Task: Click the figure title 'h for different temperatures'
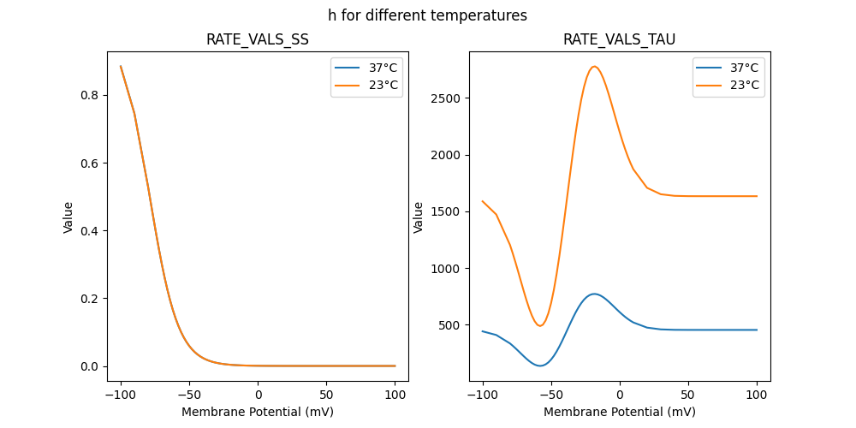tap(427, 15)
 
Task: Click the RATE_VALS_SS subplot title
tap(258, 39)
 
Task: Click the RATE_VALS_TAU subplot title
tap(620, 39)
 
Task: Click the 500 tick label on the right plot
tap(449, 325)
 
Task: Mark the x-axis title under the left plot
tap(258, 412)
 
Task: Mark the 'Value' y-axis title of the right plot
tap(419, 217)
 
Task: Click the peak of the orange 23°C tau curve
tap(594, 67)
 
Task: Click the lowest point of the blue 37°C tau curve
tap(540, 366)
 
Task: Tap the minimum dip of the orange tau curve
tap(540, 325)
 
